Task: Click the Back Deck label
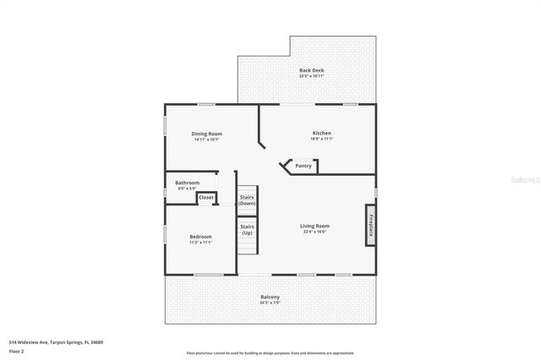311,70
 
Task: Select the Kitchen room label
322,134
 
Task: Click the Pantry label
303,166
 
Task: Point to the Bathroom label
187,183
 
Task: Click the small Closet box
206,198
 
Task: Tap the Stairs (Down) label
247,200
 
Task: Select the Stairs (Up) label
247,229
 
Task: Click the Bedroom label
200,237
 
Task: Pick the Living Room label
315,226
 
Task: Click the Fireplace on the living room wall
370,229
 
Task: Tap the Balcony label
270,297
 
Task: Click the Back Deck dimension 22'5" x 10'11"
311,76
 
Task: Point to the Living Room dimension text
315,232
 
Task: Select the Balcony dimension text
270,303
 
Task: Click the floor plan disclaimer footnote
270,353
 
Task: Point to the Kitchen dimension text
322,139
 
